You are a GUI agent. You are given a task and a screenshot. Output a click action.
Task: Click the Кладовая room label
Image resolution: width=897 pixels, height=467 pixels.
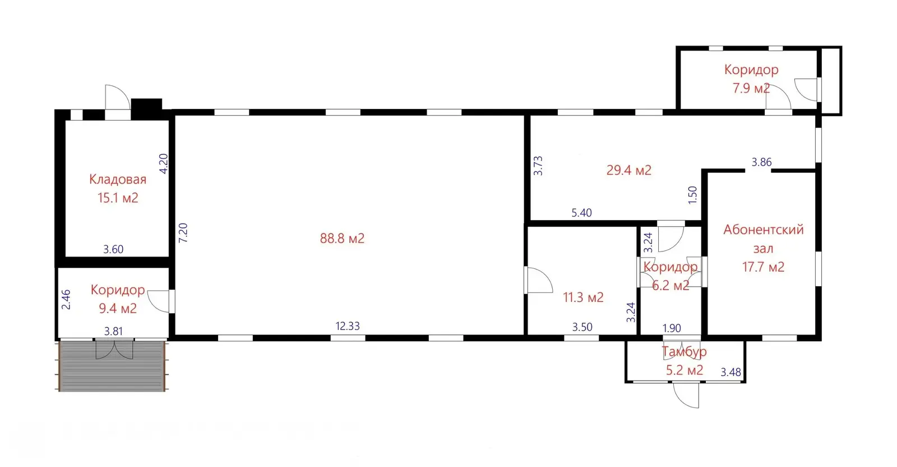[x=118, y=179]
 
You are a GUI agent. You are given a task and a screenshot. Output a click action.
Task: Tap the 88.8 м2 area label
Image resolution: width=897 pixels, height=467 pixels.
[x=342, y=239]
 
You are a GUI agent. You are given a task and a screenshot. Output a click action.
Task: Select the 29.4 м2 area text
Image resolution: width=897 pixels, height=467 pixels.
[x=628, y=171]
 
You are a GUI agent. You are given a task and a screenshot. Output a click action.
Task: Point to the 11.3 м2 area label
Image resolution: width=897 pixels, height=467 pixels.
[x=583, y=297]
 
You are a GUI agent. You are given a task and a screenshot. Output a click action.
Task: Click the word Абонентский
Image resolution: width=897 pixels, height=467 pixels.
[x=763, y=230]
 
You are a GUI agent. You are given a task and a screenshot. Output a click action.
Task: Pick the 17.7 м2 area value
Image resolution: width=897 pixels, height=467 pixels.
[x=763, y=267]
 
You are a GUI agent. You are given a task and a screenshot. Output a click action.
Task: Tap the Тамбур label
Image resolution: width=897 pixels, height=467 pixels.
[x=684, y=351]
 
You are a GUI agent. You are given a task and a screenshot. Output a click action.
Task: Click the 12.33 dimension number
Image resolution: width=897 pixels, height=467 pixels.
[x=348, y=326]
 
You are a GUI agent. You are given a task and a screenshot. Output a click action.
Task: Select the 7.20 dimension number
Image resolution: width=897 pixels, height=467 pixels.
[x=183, y=232]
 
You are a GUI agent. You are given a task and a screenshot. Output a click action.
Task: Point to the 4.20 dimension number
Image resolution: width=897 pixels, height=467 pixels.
[x=164, y=163]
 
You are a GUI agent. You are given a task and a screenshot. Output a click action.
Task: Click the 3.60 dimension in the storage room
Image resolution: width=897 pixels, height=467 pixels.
[x=113, y=249]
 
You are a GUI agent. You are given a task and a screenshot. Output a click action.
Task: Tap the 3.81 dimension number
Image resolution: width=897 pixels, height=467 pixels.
[x=113, y=331]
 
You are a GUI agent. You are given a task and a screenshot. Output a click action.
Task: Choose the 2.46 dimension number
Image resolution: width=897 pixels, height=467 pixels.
[x=66, y=299]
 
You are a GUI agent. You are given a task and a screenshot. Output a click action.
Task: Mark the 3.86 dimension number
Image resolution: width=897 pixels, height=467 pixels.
[x=761, y=162]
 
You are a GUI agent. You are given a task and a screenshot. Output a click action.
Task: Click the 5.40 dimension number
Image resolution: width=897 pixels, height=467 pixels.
[x=581, y=213]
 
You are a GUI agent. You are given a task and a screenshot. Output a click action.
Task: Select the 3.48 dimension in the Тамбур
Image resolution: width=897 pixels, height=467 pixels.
[x=731, y=372]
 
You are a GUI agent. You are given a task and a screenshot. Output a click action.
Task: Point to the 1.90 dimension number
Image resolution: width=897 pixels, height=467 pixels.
[x=672, y=328]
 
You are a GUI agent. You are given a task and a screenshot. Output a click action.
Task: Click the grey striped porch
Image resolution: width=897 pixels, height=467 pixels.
[x=112, y=366]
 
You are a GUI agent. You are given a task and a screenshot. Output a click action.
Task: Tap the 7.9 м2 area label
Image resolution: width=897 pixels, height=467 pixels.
[x=751, y=88]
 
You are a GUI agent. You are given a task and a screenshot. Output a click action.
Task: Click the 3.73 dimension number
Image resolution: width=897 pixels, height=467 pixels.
[x=538, y=166]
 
